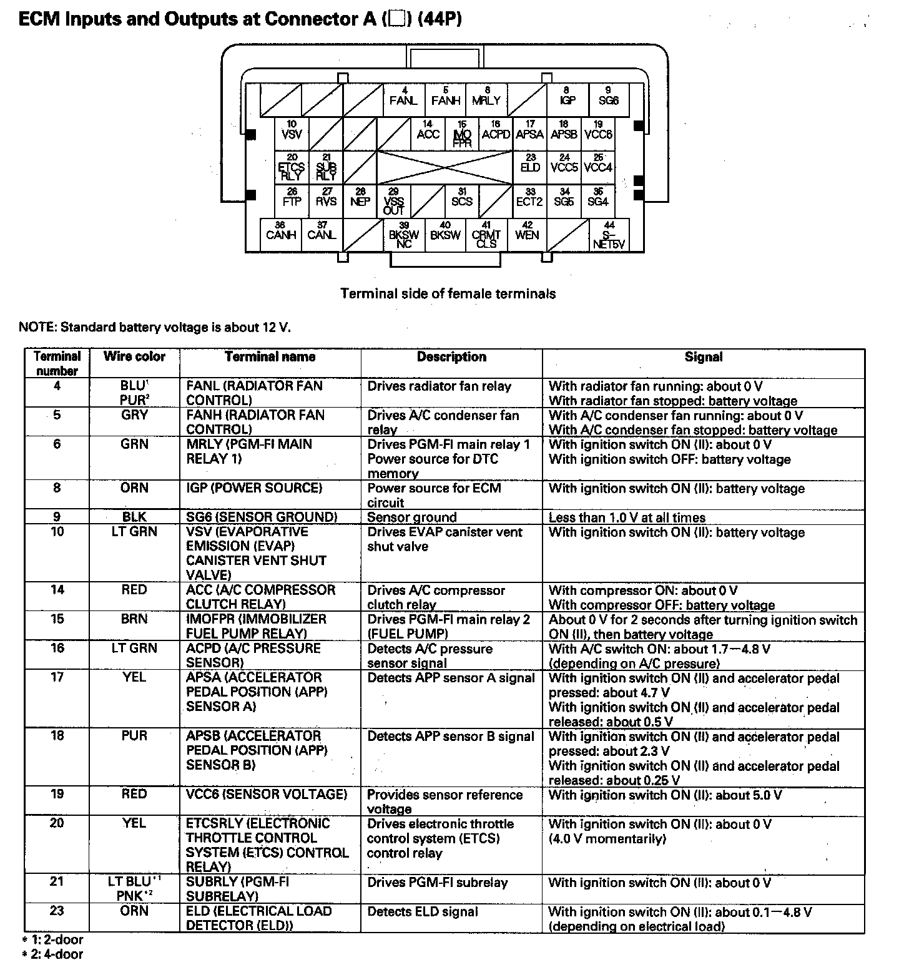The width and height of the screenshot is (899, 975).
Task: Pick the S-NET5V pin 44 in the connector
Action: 609,235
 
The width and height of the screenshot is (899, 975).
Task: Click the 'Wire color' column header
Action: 134,357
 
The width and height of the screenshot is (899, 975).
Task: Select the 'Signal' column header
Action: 703,357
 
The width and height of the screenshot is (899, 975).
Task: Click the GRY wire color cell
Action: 134,415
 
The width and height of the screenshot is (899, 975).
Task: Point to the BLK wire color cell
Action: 134,517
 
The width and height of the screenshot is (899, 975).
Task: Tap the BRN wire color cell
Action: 134,619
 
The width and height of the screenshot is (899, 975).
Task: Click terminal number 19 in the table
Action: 57,794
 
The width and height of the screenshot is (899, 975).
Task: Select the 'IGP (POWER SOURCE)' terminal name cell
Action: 254,487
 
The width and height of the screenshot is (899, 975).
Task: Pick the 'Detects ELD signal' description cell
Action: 423,911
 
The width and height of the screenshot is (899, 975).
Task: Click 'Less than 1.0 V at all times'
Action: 627,517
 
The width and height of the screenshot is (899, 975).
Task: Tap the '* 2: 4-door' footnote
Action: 52,954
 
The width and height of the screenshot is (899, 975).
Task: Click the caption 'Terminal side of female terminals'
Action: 448,293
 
